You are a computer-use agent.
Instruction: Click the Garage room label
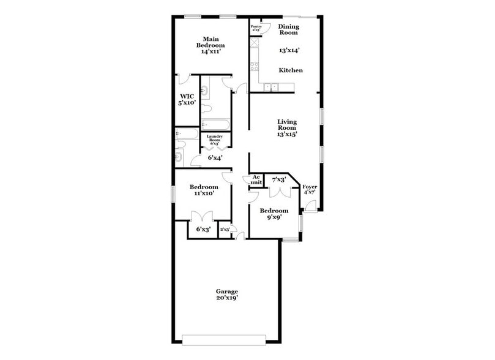(x=226, y=291)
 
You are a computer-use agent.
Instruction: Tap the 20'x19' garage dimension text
(x=226, y=298)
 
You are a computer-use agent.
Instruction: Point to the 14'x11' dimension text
(x=210, y=52)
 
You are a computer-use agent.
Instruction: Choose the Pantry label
(x=256, y=26)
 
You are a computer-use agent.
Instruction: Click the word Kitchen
(x=291, y=70)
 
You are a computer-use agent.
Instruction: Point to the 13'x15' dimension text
(x=287, y=134)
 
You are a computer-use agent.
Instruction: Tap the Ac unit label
(x=256, y=179)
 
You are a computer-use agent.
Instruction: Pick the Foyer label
(x=310, y=187)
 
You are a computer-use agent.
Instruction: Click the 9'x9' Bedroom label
(x=274, y=211)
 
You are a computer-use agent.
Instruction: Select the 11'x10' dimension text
(x=203, y=194)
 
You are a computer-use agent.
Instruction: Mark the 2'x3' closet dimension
(x=225, y=230)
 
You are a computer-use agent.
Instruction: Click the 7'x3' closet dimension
(x=279, y=179)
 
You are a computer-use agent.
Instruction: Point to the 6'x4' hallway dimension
(x=215, y=157)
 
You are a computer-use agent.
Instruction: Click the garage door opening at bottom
(x=224, y=339)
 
